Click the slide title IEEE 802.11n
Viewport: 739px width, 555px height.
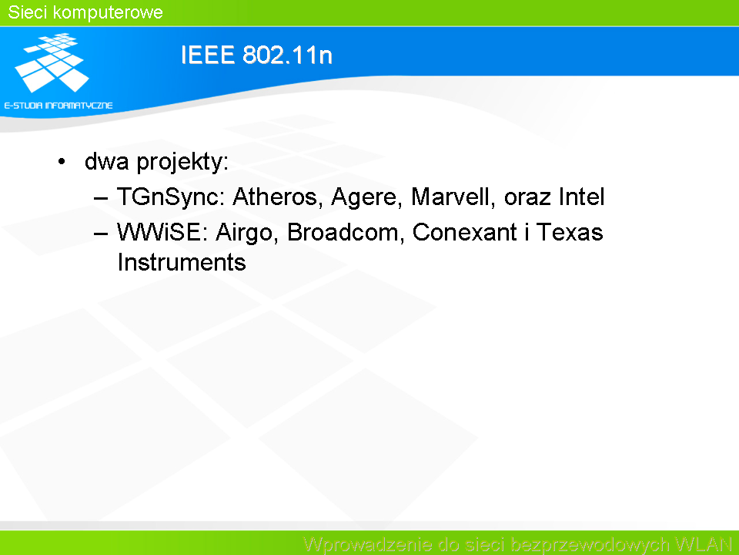[x=256, y=55]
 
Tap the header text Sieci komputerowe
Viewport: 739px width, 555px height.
[x=85, y=12]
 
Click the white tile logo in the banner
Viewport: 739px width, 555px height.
[x=52, y=62]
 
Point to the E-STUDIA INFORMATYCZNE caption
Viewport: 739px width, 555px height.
[x=59, y=106]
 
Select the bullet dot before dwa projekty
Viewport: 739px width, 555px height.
[x=62, y=162]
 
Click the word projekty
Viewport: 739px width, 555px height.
[x=182, y=163]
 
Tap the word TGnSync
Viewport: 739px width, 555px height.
[x=171, y=197]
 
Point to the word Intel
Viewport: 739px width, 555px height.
[x=582, y=197]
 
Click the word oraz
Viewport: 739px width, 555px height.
[x=527, y=198]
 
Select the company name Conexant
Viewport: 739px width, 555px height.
[x=465, y=232]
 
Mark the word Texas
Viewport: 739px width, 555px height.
[x=570, y=232]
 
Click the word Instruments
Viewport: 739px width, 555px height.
[x=182, y=262]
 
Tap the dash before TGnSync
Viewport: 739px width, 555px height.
[x=101, y=198]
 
